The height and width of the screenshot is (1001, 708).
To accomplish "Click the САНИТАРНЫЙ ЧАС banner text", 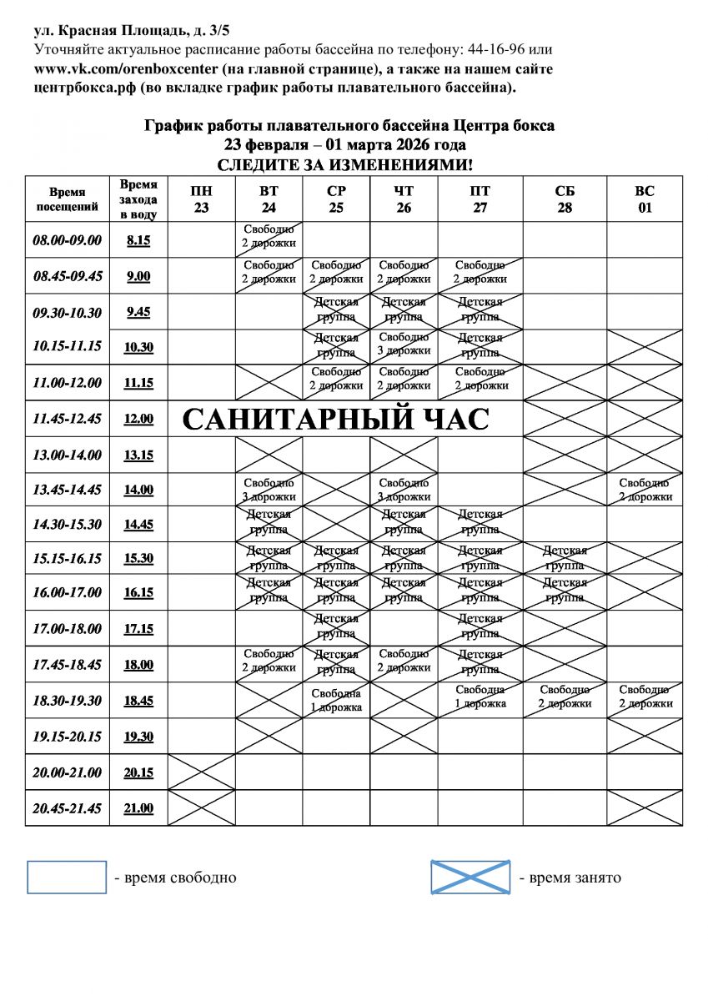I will [x=335, y=420].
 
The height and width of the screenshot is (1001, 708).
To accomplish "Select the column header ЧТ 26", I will [x=404, y=199].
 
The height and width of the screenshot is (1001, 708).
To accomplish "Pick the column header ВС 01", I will [x=645, y=199].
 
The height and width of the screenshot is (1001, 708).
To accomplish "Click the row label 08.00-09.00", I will [x=67, y=240].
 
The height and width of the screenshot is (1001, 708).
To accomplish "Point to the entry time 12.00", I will [x=138, y=420].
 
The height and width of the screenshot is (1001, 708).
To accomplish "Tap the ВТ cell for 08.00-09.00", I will [x=269, y=239].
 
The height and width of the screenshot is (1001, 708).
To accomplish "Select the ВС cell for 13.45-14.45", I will [x=645, y=490].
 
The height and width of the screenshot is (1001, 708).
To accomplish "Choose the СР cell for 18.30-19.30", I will [x=336, y=700].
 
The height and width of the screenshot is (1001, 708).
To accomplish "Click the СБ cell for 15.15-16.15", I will [x=565, y=557].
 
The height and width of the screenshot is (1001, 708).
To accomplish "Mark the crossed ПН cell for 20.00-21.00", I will [x=202, y=772].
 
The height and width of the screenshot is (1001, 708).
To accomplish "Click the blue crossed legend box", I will [x=470, y=877].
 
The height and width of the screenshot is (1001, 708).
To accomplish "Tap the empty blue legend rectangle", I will [x=67, y=877].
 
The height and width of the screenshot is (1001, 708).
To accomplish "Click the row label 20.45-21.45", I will [x=67, y=808].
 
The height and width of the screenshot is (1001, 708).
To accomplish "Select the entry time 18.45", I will [x=138, y=701].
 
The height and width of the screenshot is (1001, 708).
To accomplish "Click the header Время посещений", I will [x=67, y=199].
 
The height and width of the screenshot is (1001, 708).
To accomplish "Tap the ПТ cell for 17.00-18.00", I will [x=480, y=628].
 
